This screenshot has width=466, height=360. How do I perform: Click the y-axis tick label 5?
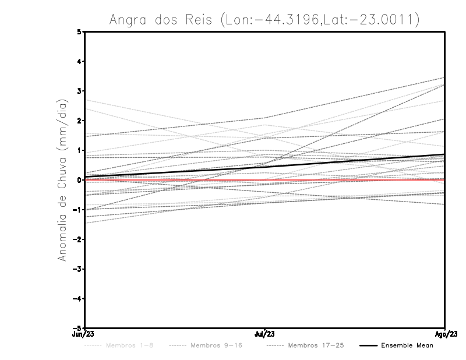[80, 31]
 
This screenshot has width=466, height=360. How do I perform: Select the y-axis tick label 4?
[80, 61]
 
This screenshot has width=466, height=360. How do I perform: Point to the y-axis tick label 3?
[80, 91]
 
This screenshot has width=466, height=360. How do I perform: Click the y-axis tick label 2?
[80, 121]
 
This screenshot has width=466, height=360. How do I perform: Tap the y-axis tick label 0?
[80, 180]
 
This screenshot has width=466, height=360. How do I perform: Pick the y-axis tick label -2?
[78, 239]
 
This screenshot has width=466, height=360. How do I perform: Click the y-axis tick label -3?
[78, 269]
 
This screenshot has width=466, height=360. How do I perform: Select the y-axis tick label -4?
[78, 299]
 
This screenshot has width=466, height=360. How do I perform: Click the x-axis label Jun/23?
[81, 334]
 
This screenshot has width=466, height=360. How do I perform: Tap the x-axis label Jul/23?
[265, 334]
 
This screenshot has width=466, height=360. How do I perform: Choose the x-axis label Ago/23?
[446, 334]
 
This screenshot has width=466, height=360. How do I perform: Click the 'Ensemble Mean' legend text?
[407, 345]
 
